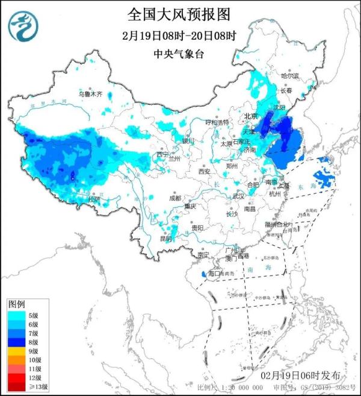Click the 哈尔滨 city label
click(290, 76)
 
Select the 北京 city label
click(251, 116)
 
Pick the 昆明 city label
click(165, 239)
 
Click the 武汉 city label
click(239, 196)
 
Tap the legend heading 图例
click(16, 303)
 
